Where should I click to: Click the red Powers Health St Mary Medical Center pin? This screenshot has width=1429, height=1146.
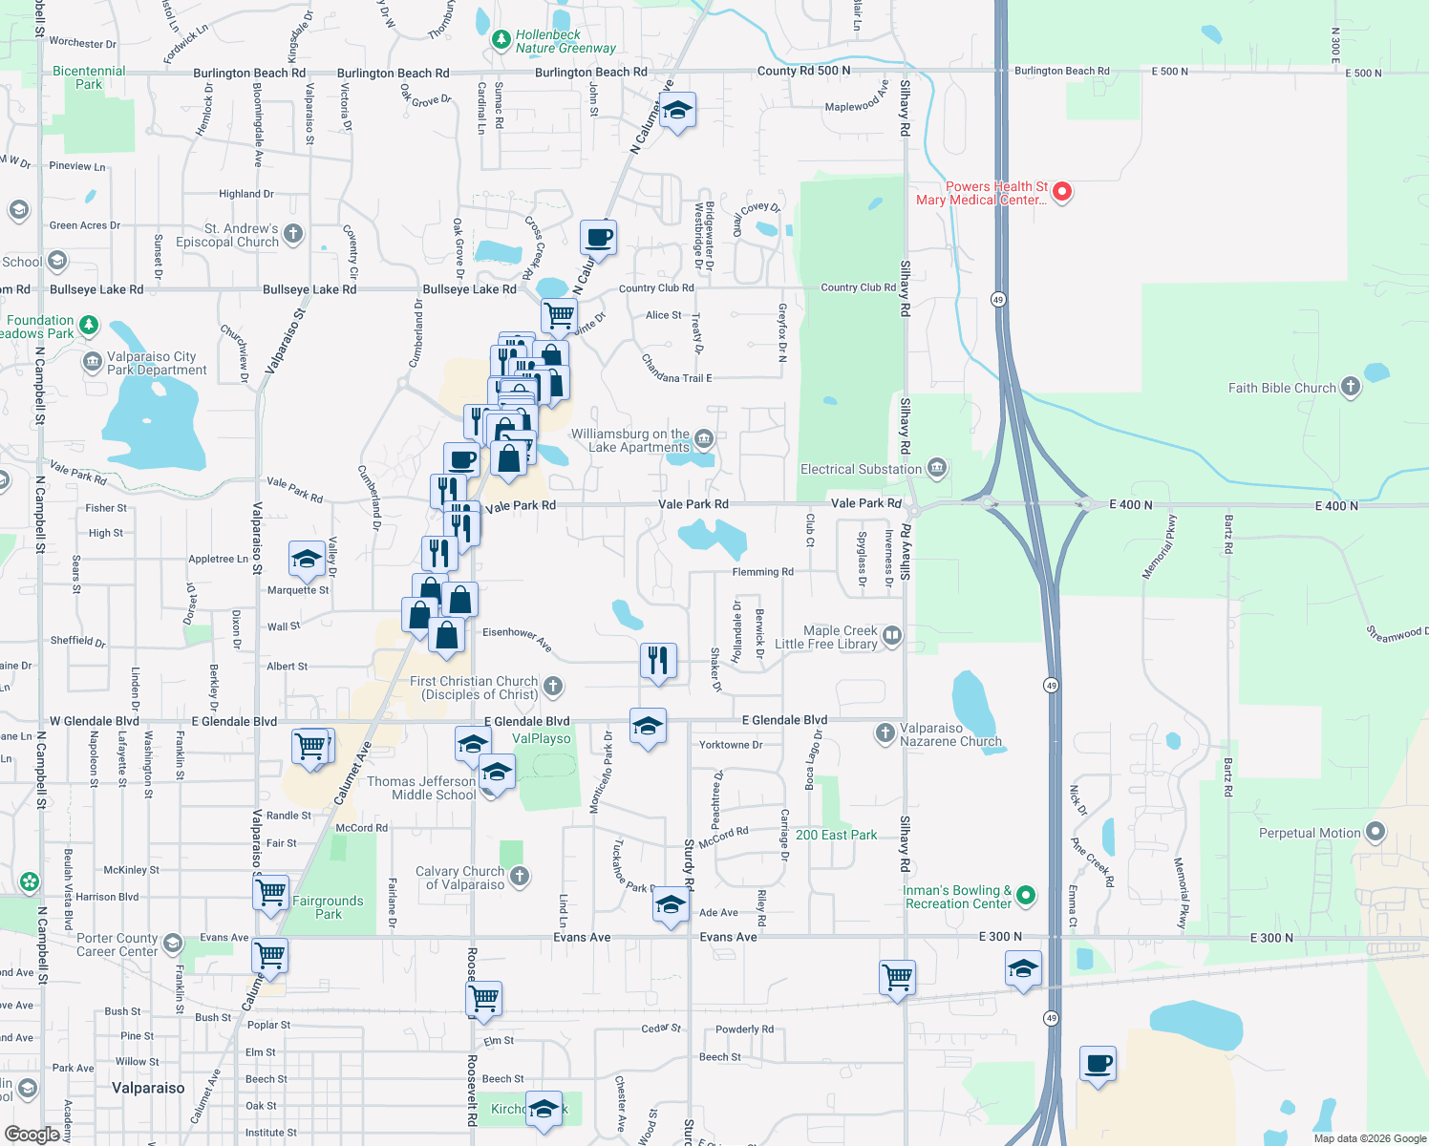(1061, 192)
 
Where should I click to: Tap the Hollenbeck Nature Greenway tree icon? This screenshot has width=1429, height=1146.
(501, 40)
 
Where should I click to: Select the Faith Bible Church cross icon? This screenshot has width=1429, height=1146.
(1350, 387)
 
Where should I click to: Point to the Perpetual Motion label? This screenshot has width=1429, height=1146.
(1309, 833)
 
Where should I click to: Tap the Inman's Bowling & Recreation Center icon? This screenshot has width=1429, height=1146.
(1026, 896)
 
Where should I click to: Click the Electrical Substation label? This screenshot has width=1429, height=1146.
(861, 469)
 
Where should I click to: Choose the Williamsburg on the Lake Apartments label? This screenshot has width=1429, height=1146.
(629, 440)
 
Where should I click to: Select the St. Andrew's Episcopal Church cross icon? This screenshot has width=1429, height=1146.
(293, 233)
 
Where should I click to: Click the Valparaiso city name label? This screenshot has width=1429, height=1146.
(148, 1088)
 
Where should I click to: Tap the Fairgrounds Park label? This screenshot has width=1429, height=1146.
(328, 907)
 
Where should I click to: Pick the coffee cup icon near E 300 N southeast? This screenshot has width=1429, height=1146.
(1098, 1063)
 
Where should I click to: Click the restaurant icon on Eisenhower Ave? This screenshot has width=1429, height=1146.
(658, 660)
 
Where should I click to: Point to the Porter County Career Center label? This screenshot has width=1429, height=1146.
(117, 944)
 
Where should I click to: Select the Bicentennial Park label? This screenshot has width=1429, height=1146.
(89, 77)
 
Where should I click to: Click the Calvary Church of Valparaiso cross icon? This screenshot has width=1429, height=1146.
(519, 876)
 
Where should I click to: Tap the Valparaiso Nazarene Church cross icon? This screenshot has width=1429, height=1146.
(885, 733)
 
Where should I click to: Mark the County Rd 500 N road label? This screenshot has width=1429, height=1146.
(803, 71)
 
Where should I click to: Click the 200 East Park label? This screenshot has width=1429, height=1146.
(836, 835)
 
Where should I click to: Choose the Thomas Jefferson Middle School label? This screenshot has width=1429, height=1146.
(421, 788)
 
